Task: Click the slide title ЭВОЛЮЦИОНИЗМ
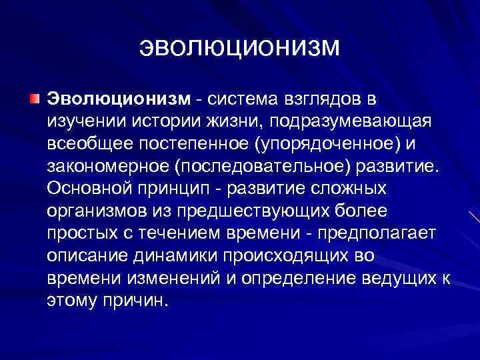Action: (240, 47)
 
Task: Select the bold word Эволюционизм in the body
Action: (117, 99)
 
